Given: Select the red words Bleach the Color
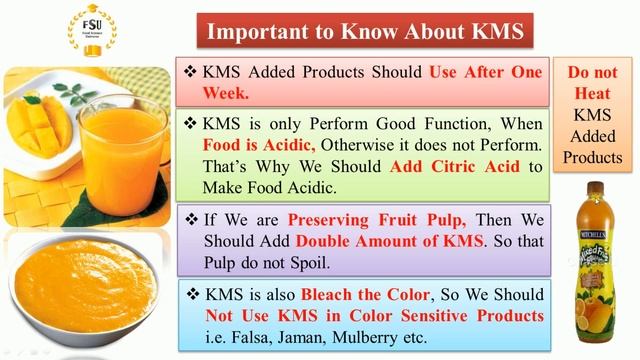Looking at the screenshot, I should click(363, 295).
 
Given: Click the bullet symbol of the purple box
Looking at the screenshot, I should click(189, 218).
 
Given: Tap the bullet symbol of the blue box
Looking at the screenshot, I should click(189, 295).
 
